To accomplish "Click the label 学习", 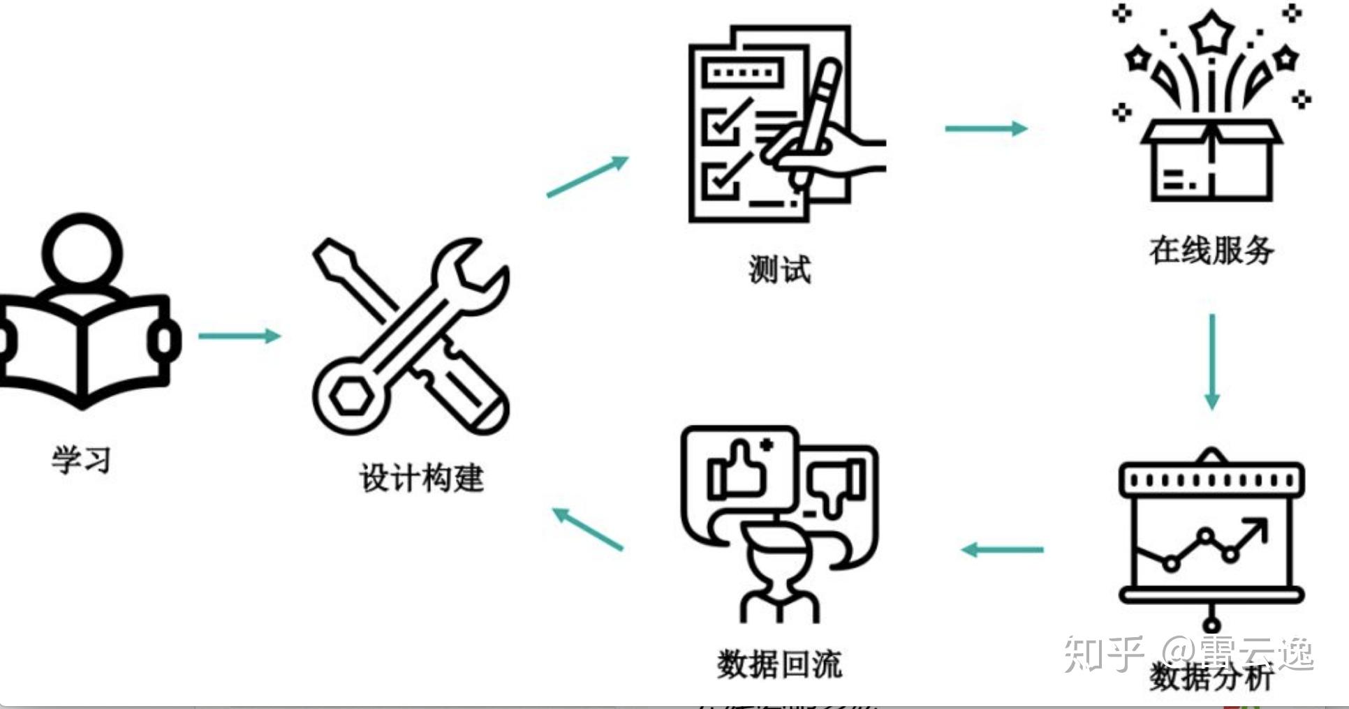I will [x=81, y=460].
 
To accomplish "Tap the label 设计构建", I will [x=421, y=479].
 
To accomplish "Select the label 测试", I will [x=779, y=269].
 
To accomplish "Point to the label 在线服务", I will [x=1211, y=250].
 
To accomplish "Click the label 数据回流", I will [x=779, y=664].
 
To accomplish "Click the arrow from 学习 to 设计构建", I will [x=239, y=336].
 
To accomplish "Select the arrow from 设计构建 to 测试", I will [x=587, y=177].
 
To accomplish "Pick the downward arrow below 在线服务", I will [x=1212, y=361].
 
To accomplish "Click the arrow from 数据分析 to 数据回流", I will [x=1003, y=550].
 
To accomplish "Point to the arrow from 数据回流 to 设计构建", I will [x=587, y=529].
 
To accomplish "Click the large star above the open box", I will [x=1211, y=32].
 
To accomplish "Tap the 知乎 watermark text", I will [x=1103, y=654].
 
